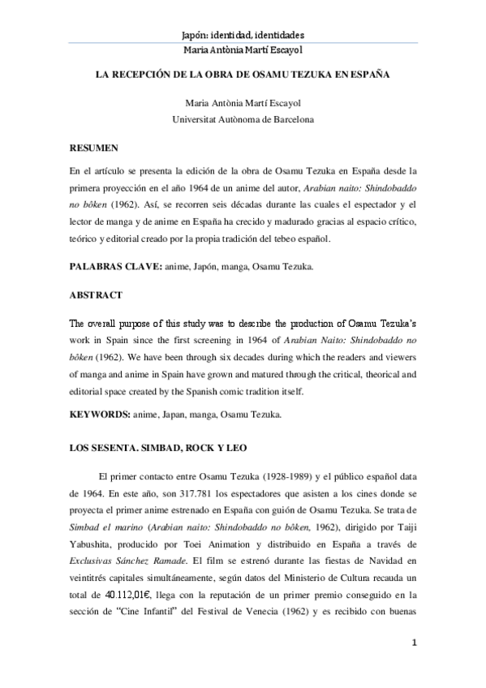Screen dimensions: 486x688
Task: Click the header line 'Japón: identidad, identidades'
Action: (243, 36)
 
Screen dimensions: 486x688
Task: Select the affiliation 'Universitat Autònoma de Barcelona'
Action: (243, 119)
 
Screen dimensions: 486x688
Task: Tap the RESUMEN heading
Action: (94, 148)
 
